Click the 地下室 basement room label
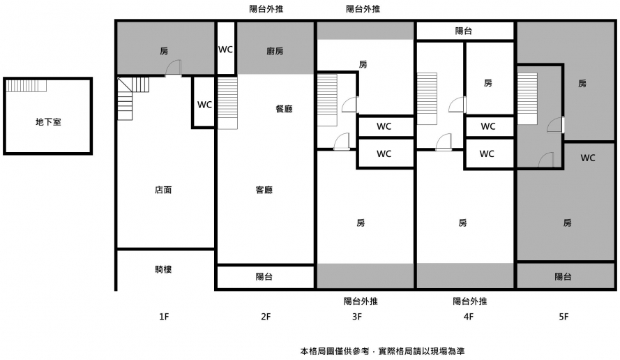(x=48, y=122)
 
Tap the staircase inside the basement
(x=27, y=86)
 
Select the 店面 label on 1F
(x=163, y=190)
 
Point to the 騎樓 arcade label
(x=163, y=269)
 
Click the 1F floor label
(x=163, y=317)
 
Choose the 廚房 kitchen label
(x=275, y=51)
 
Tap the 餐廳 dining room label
(x=284, y=109)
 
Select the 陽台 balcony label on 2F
(x=264, y=277)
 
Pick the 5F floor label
(x=564, y=317)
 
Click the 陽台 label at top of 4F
(x=464, y=31)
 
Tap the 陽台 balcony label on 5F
(x=564, y=277)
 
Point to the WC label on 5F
(x=588, y=158)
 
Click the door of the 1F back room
(x=174, y=68)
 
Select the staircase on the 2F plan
(x=227, y=103)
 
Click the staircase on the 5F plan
(x=527, y=98)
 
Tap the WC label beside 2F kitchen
(x=225, y=50)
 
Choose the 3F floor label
(x=357, y=317)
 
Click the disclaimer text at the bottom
(x=387, y=351)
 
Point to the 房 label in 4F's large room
(x=463, y=223)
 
